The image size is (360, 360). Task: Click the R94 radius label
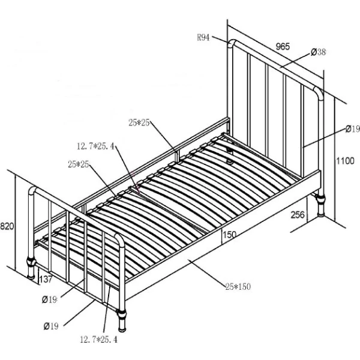point(203,37)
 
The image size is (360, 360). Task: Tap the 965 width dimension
point(283,46)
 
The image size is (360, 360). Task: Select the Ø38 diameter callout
point(318,52)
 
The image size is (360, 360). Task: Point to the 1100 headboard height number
point(346,161)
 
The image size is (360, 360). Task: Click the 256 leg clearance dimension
point(298,215)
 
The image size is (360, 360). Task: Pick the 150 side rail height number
point(229,235)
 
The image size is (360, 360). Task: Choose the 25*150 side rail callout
point(238,287)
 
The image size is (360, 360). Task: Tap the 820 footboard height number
point(7,226)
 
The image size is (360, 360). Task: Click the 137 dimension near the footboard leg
point(46,280)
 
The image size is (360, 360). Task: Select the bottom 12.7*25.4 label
point(99,340)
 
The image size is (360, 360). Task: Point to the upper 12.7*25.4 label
point(95,146)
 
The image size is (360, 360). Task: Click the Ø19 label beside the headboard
point(353,129)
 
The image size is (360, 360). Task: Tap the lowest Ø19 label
point(51,326)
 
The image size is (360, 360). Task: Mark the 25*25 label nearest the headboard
point(139,123)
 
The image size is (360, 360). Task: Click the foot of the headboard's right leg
point(321,214)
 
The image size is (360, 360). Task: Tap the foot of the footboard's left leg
point(31,276)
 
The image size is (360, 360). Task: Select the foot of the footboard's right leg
point(122,329)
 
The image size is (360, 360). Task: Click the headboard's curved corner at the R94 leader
point(232,44)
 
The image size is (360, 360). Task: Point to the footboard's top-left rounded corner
point(32,191)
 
